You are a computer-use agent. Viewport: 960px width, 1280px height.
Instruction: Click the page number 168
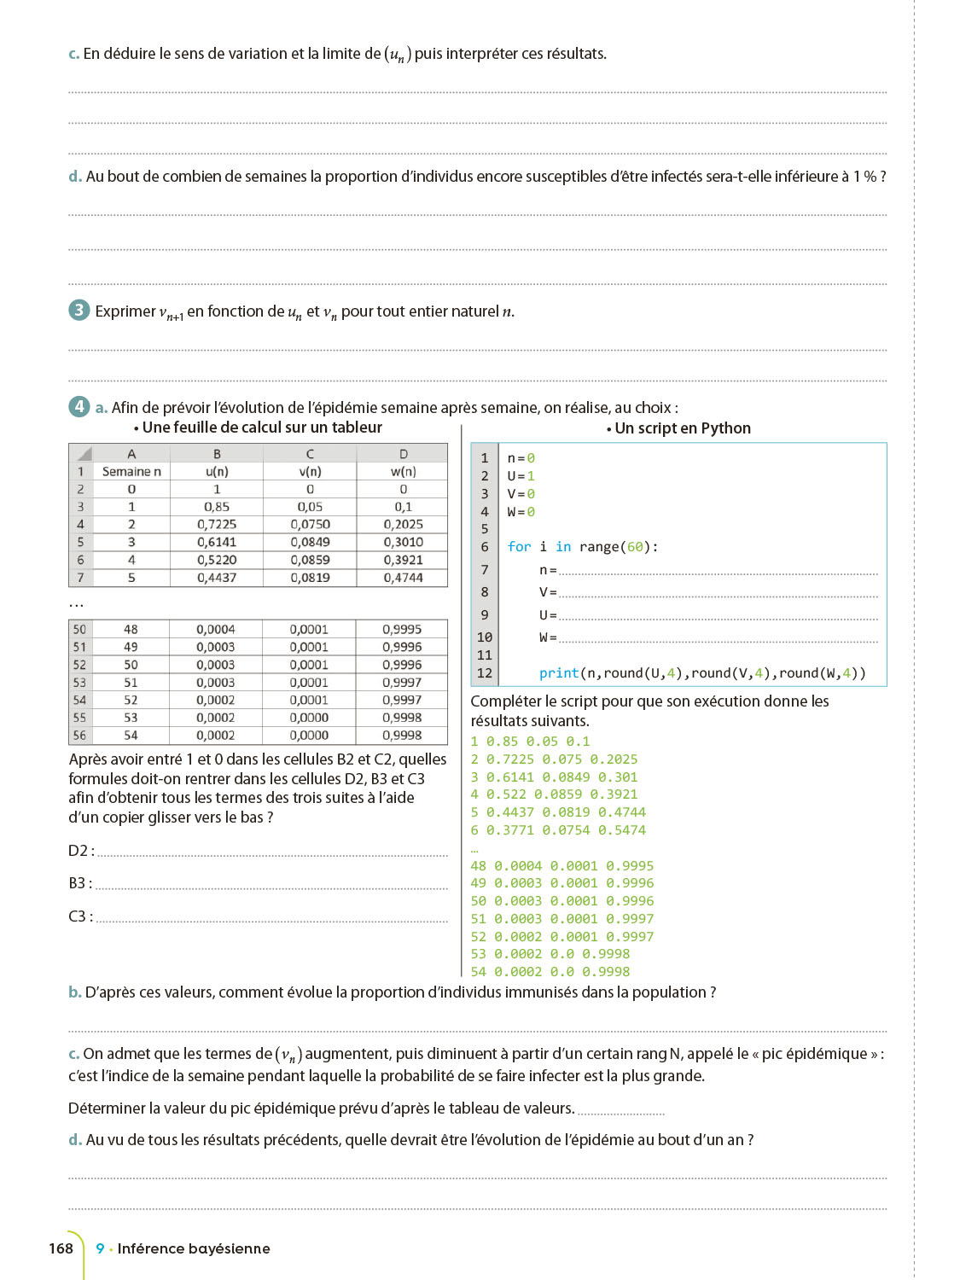(61, 1248)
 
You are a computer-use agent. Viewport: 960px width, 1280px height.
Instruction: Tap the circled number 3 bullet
(79, 310)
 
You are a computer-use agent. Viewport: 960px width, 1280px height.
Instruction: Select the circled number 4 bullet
(79, 406)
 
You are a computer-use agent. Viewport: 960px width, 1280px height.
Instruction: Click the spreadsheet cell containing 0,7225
(217, 524)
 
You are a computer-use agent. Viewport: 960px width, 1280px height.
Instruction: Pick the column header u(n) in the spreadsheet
(217, 471)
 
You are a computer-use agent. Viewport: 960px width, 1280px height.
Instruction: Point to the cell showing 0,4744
(403, 578)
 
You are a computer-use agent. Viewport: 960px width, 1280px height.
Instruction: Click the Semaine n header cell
(131, 471)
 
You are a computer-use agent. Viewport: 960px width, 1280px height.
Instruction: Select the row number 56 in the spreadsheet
(79, 735)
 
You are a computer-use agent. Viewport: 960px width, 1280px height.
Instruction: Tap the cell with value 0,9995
(402, 629)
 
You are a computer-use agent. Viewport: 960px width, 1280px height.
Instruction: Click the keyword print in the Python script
(559, 673)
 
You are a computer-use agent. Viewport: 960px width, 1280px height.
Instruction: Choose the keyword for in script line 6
(519, 547)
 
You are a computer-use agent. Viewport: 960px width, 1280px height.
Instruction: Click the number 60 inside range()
(636, 547)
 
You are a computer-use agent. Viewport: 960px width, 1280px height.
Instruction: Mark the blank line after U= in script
(718, 617)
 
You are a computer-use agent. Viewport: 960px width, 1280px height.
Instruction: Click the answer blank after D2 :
(272, 852)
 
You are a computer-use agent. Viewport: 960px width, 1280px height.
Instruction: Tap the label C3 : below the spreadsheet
(80, 916)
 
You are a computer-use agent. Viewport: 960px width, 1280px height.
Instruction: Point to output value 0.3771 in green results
(510, 830)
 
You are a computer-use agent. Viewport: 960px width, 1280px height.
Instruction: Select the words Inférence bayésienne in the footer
(194, 1248)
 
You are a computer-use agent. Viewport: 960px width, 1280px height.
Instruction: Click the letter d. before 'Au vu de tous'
(75, 1140)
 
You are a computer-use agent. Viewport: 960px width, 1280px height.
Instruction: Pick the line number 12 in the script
(485, 673)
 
